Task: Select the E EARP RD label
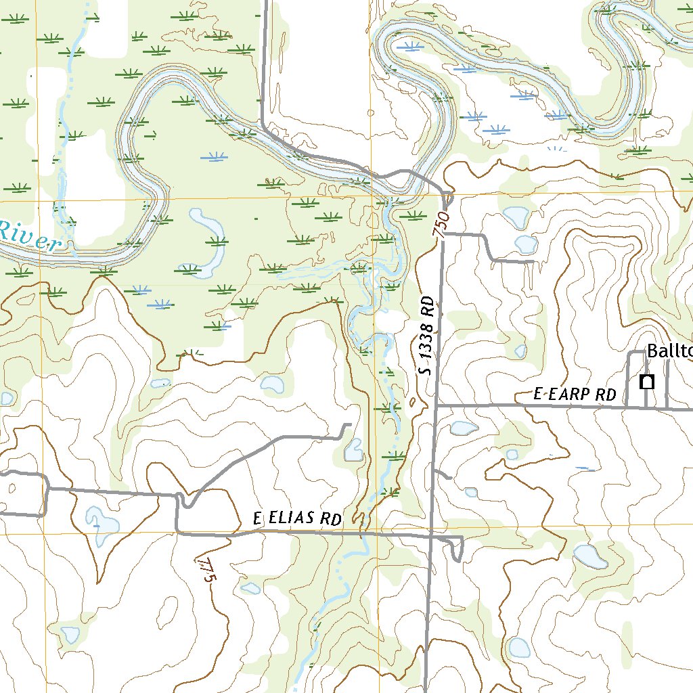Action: (x=575, y=395)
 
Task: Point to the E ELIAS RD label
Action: (x=296, y=519)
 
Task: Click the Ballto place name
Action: (x=669, y=351)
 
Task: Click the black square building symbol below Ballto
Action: (x=647, y=382)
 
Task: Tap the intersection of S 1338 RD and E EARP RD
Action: (x=437, y=406)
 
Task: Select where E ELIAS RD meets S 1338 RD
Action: (x=431, y=536)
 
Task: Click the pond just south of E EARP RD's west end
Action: (x=464, y=428)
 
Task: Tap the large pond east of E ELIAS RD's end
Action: (x=589, y=556)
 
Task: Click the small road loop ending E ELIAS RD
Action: (x=458, y=549)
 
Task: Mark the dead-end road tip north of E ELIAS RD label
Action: (x=349, y=425)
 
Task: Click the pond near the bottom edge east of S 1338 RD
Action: (x=519, y=648)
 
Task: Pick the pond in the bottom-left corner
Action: (x=70, y=635)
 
